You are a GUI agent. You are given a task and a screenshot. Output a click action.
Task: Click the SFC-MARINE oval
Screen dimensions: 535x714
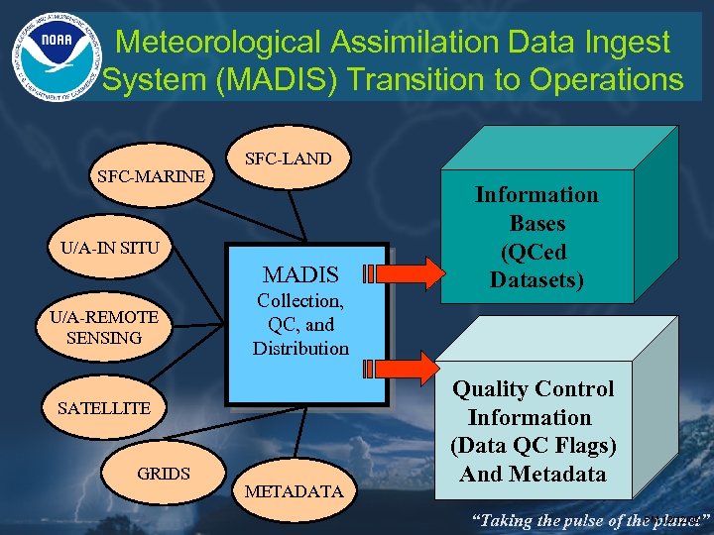point(152,176)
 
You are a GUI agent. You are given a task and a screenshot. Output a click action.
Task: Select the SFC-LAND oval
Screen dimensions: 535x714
point(288,158)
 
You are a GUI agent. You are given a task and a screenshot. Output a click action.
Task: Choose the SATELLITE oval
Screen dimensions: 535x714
point(104,407)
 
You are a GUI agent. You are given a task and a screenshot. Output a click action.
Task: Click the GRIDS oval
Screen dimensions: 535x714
point(164,473)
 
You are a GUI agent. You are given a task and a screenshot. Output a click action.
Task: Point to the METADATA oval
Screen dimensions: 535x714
point(294,490)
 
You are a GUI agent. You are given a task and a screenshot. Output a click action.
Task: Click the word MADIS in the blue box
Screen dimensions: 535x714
point(300,274)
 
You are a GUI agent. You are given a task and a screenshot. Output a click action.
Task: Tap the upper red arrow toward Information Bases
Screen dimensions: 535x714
point(401,272)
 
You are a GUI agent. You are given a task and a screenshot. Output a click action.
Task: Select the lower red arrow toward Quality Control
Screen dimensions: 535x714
point(401,369)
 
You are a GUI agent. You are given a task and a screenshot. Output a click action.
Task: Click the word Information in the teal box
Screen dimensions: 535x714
point(536,194)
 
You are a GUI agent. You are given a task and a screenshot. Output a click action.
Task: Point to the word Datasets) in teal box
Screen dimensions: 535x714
point(536,280)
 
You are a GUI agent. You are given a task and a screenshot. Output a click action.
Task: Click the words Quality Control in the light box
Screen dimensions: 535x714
point(534,389)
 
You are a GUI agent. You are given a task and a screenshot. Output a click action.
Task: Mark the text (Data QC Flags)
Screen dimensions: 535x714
point(534,446)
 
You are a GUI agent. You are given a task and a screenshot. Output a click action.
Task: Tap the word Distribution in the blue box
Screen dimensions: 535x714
point(300,348)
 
